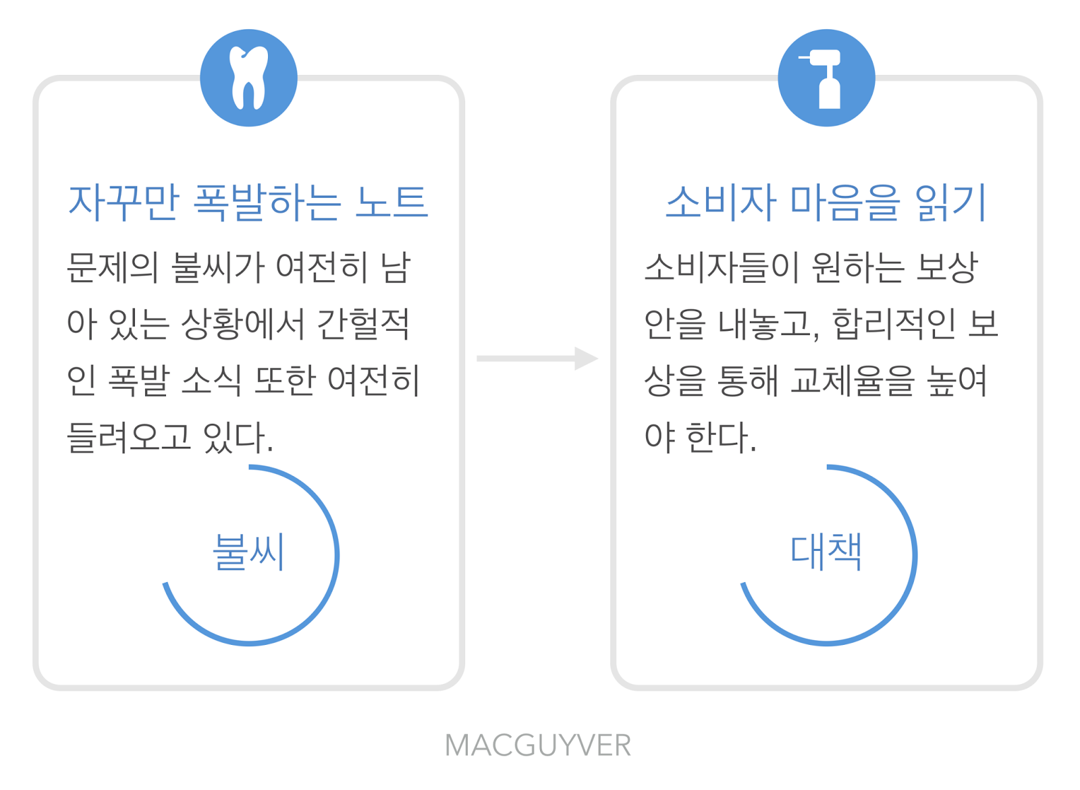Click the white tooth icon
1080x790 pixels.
tap(248, 78)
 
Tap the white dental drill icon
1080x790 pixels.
tap(826, 78)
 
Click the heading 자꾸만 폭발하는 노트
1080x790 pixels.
tap(248, 202)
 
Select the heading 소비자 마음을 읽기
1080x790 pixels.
tap(826, 202)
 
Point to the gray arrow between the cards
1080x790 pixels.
tap(537, 358)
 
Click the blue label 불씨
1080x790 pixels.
tap(248, 552)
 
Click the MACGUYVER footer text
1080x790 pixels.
tap(538, 745)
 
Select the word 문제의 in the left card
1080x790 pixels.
tap(111, 267)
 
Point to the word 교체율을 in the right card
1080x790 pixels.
tap(853, 381)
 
